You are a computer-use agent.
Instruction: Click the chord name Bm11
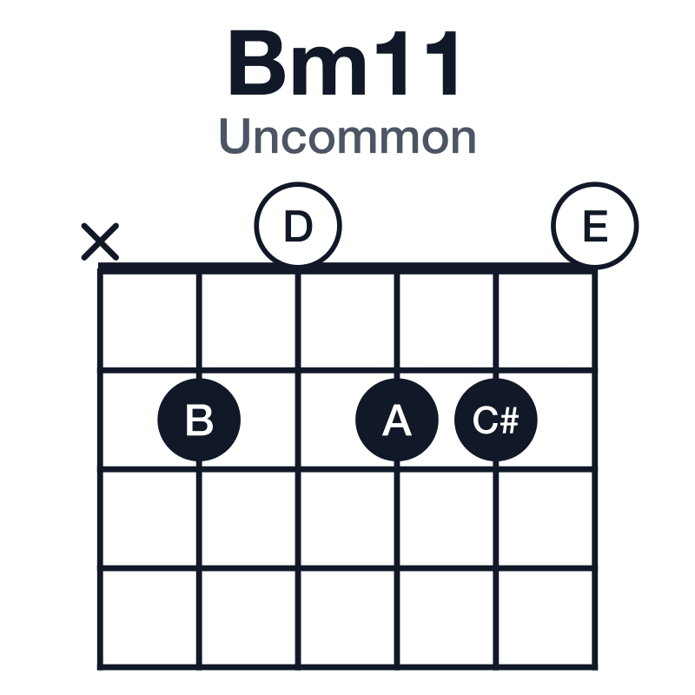point(343,63)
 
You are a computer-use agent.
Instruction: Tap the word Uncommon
point(347,136)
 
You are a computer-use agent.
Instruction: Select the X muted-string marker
point(100,242)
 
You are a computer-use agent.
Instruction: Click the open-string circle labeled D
point(298,225)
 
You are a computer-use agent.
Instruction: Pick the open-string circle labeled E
point(595,225)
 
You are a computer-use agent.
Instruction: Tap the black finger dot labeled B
point(199,420)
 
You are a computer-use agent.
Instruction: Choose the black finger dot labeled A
point(397,420)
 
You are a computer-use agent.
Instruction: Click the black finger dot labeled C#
point(495,420)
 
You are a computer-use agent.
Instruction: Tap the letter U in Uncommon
point(234,136)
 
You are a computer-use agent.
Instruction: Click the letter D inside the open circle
point(298,226)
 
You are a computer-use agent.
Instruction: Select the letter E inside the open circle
point(595,226)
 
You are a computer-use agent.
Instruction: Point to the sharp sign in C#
point(510,420)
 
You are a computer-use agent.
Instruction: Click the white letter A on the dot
point(397,420)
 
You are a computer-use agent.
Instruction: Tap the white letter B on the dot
point(199,420)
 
